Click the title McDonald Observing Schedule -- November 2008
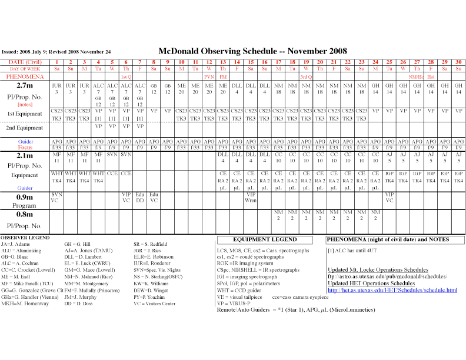[x=252, y=51]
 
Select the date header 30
[x=459, y=62]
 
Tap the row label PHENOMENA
[x=25, y=76]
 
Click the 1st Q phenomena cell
[x=126, y=77]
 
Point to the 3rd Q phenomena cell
[x=306, y=77]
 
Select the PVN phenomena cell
[x=209, y=77]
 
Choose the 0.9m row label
[x=25, y=196]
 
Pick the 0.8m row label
[x=25, y=214]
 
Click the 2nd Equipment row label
[x=25, y=128]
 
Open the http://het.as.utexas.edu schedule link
[x=392, y=290]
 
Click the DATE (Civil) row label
[x=25, y=62]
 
